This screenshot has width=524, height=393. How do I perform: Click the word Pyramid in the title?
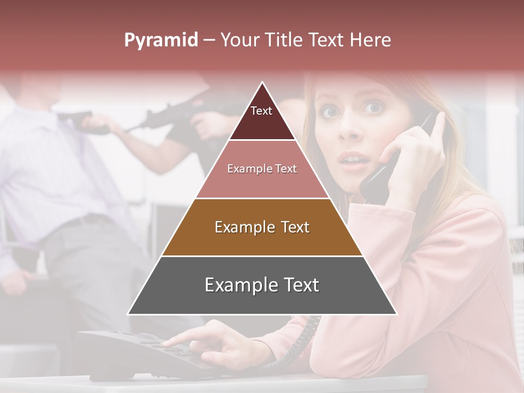click(x=160, y=40)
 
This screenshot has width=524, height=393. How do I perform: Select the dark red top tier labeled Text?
click(x=261, y=117)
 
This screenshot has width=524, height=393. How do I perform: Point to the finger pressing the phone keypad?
click(x=175, y=341)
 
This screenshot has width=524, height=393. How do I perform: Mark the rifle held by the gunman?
click(x=175, y=112)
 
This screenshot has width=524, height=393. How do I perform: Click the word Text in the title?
click(x=327, y=40)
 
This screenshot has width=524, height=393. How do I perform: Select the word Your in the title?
click(x=240, y=40)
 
